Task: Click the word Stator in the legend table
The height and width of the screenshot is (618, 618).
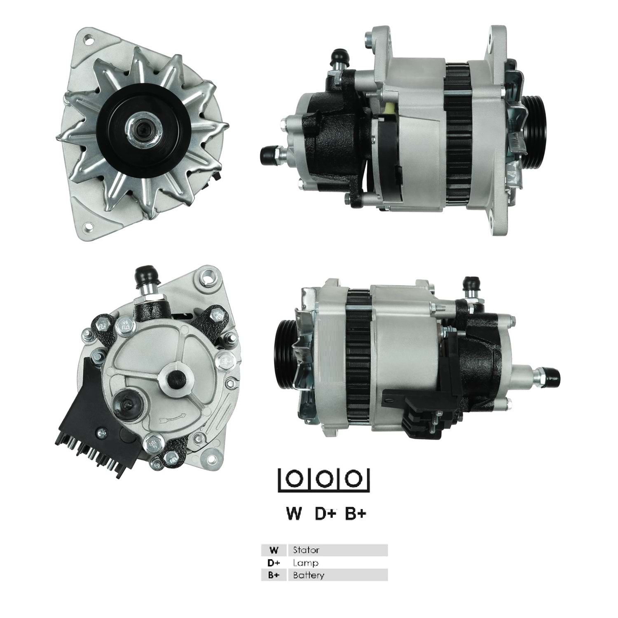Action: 306,550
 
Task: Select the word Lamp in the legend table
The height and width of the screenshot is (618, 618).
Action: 305,562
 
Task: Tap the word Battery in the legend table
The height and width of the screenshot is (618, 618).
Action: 309,575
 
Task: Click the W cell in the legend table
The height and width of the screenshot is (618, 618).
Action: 273,550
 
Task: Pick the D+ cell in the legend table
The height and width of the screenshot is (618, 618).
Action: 273,562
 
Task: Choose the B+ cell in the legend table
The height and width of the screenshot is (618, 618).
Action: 273,575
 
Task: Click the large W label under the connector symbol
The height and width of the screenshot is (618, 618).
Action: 294,513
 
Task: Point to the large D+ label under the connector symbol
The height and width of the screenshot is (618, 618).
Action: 325,513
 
